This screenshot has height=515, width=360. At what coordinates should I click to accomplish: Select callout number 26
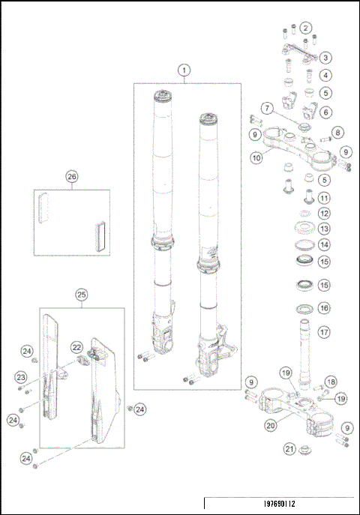click(x=72, y=177)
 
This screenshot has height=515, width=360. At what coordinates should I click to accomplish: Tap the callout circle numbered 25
click(x=82, y=295)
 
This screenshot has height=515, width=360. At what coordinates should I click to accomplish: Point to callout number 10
click(x=256, y=158)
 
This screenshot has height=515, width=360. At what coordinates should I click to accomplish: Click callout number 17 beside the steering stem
click(x=324, y=332)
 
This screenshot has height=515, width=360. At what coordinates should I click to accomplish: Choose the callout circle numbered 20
click(x=270, y=425)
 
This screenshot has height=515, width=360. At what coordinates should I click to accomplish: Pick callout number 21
click(x=289, y=449)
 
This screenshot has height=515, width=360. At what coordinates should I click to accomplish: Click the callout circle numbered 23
click(x=22, y=377)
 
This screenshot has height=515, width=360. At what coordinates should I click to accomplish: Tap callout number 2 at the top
click(x=305, y=28)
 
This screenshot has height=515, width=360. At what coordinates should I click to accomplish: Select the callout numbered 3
click(x=325, y=57)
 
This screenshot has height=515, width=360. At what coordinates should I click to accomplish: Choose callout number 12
click(x=324, y=214)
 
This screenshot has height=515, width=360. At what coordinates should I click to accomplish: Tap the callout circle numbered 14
click(x=324, y=244)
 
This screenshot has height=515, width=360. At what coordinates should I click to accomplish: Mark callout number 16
click(x=324, y=307)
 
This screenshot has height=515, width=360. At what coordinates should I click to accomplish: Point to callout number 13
click(x=324, y=229)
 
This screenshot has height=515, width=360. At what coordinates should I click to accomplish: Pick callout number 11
click(x=324, y=198)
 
